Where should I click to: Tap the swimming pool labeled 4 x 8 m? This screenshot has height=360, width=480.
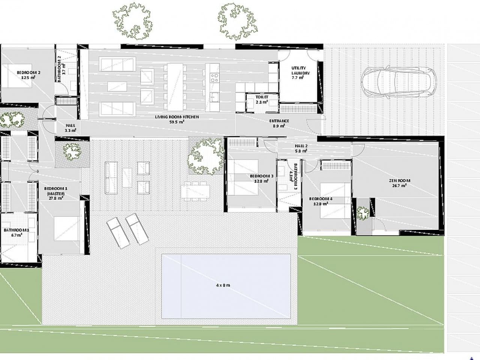coord(226,285)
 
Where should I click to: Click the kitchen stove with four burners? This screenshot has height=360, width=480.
coord(214,78)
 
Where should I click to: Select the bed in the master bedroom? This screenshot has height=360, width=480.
coord(66,229)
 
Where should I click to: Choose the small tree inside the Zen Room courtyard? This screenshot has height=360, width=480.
coord(363,214)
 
